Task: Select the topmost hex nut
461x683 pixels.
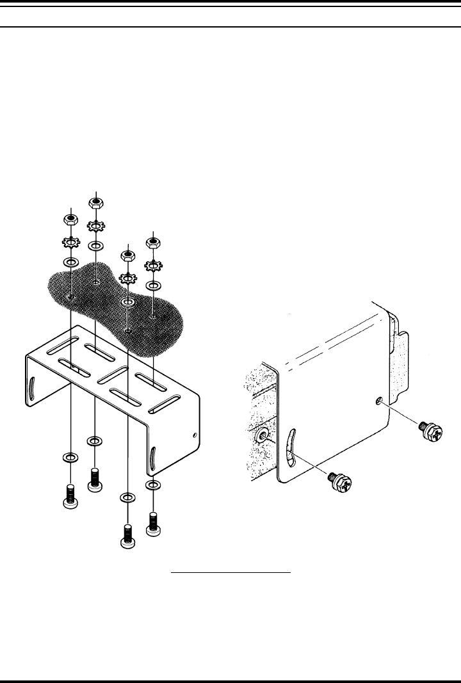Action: pyautogui.click(x=96, y=204)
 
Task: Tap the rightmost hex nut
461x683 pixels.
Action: pyautogui.click(x=152, y=242)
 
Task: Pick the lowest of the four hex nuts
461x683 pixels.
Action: pyautogui.click(x=127, y=255)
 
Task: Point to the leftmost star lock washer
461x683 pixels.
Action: pyautogui.click(x=70, y=243)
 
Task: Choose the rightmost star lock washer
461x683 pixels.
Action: pyautogui.click(x=152, y=265)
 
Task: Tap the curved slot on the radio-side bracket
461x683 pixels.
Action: pyautogui.click(x=291, y=449)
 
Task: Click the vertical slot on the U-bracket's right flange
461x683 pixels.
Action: pyautogui.click(x=154, y=459)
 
